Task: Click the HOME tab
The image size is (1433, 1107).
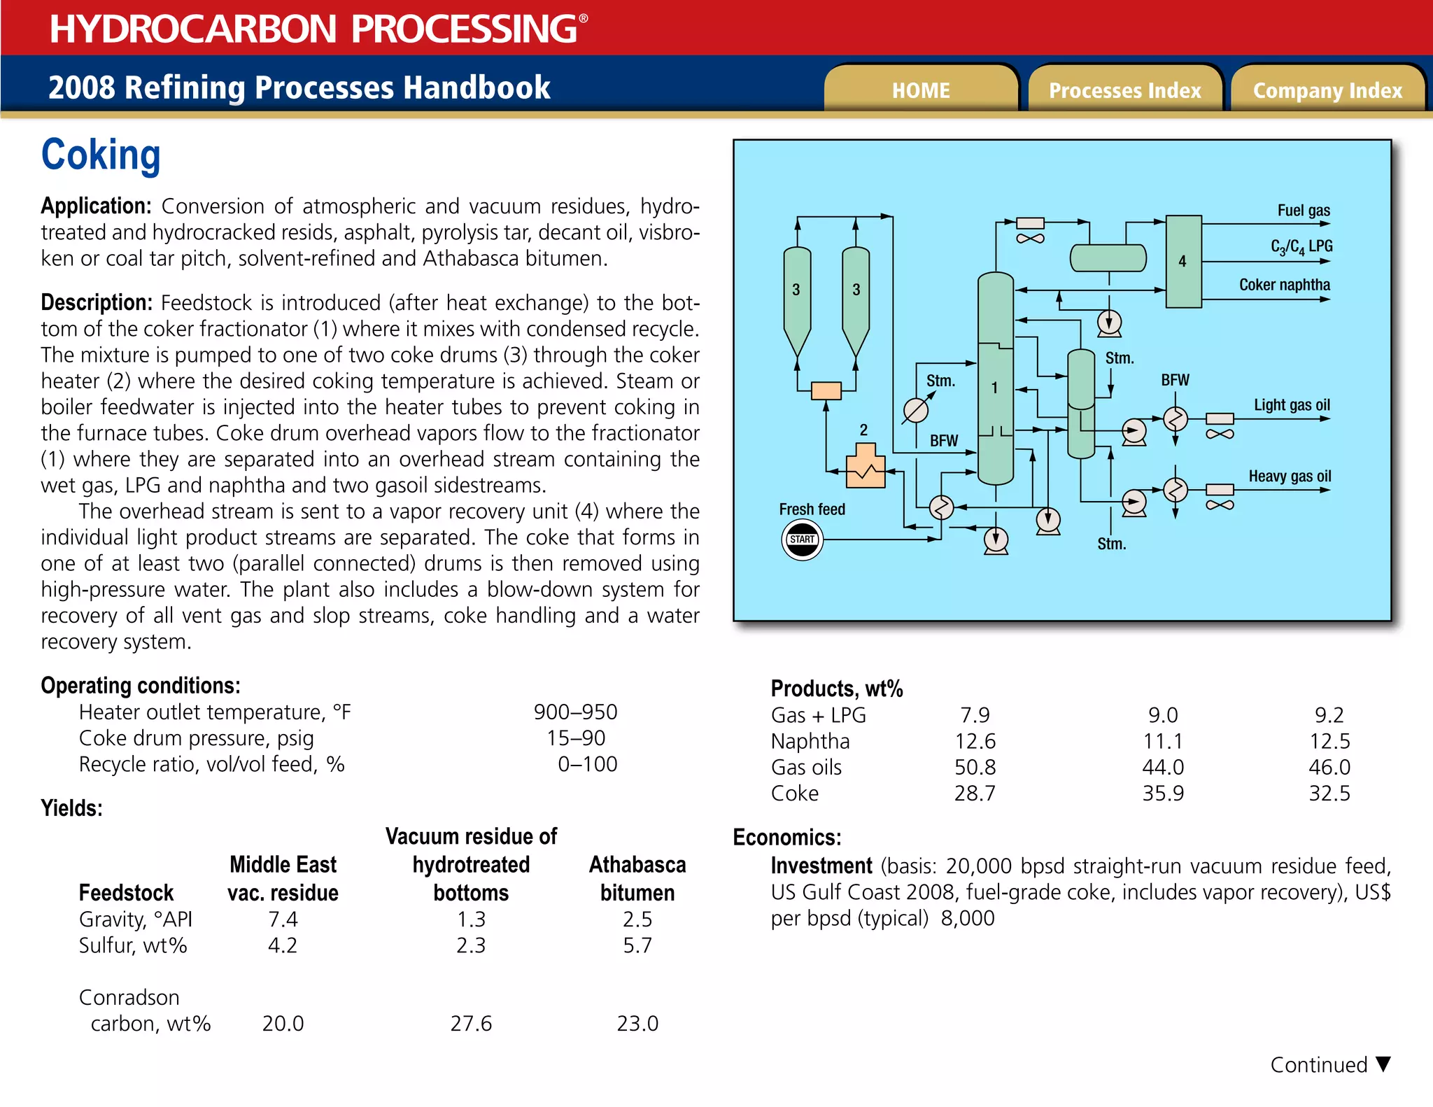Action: click(x=920, y=90)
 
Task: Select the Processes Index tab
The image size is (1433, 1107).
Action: click(x=1124, y=90)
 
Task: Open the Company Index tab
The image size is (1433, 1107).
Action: click(x=1327, y=90)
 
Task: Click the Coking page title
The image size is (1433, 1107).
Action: click(x=101, y=155)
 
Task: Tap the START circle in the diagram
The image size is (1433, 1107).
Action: click(x=802, y=540)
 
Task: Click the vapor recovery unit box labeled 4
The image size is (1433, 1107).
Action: click(x=1183, y=261)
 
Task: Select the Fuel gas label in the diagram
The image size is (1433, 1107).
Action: click(x=1303, y=211)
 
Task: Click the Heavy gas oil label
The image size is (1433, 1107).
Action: click(x=1290, y=477)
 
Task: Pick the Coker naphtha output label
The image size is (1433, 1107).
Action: click(x=1284, y=285)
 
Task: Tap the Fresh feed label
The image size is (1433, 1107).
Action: click(x=812, y=509)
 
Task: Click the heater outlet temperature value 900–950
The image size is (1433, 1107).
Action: click(x=575, y=712)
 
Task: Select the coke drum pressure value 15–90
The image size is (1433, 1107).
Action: click(x=576, y=738)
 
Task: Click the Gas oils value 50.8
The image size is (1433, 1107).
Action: click(x=975, y=768)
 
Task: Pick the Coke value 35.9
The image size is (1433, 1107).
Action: click(x=1163, y=794)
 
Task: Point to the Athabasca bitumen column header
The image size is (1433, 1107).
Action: click(x=637, y=879)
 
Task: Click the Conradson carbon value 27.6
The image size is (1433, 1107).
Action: click(x=471, y=1024)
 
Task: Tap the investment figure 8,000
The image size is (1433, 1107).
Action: click(x=967, y=919)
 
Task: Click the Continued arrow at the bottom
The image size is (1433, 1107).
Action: click(x=1383, y=1064)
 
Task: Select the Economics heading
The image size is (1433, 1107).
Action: click(x=786, y=838)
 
